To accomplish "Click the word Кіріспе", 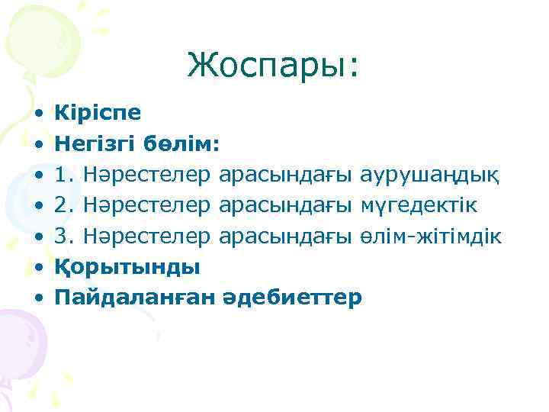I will tap(98, 113).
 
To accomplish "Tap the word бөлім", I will tap(185, 144).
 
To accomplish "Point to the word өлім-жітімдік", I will tap(430, 236).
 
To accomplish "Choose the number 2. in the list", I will tap(63, 205).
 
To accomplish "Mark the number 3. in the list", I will tap(63, 236).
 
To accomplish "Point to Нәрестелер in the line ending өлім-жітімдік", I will tap(146, 236).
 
